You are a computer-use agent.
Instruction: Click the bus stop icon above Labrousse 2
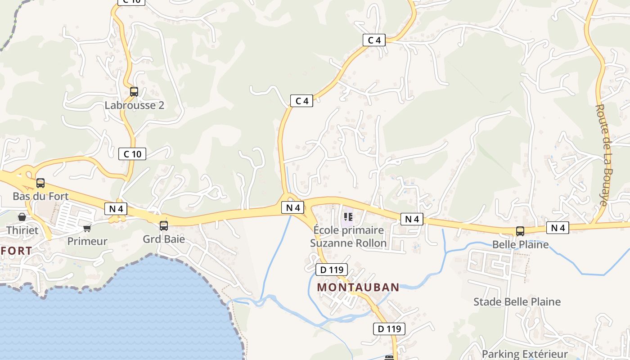point(134,92)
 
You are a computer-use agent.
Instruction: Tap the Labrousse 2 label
point(134,105)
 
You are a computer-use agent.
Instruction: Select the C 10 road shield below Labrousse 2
point(132,154)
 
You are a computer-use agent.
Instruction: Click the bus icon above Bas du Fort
point(40,183)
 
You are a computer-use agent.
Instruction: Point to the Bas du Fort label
point(40,196)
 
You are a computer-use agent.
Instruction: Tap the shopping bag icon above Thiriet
point(22,217)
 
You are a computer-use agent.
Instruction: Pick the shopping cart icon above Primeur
point(87,228)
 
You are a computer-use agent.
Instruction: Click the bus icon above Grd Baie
point(164,226)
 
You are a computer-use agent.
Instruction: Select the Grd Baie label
point(164,239)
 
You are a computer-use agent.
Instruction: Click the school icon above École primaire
point(348,217)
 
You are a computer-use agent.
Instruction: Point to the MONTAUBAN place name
point(358,287)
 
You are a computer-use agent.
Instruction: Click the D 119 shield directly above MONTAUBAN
point(332,270)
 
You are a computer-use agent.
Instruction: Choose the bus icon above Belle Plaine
point(520,231)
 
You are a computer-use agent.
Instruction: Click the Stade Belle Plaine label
point(517,301)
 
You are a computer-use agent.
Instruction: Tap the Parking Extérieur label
point(524,354)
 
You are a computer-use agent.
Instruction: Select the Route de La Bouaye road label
point(602,155)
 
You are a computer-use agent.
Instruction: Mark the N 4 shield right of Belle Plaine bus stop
point(558,228)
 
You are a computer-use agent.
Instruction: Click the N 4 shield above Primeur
point(116,208)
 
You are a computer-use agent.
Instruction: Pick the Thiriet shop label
point(22,230)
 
